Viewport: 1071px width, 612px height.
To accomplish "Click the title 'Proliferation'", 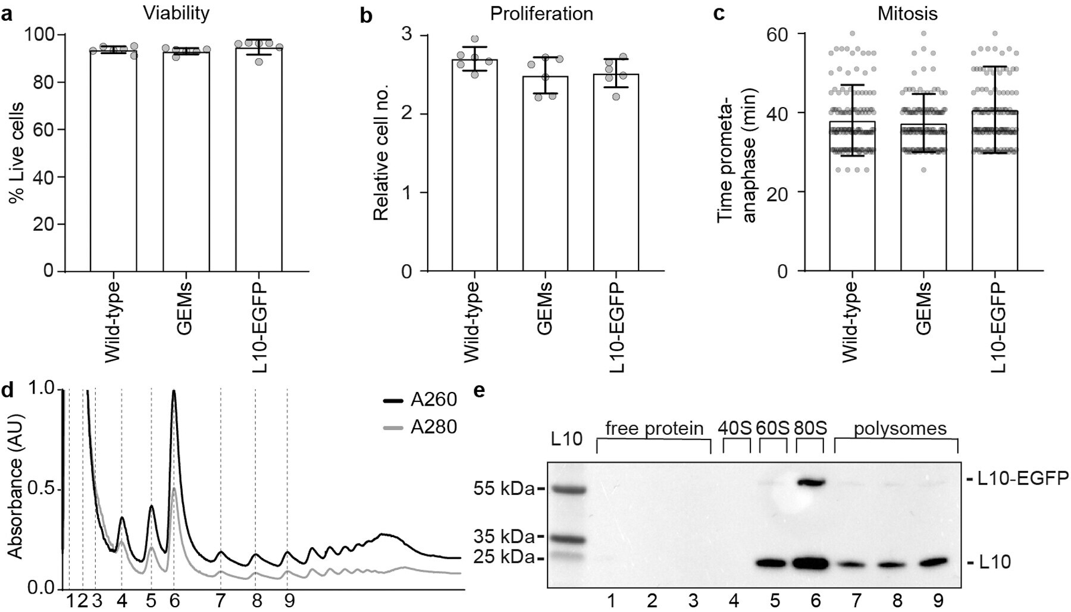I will click(x=541, y=14).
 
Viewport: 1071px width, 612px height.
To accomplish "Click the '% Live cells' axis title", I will click(x=17, y=152).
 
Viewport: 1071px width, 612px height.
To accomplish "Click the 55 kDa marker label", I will click(x=503, y=489).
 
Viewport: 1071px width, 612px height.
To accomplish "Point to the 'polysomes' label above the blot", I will click(x=899, y=428).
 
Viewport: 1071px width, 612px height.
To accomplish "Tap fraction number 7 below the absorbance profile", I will click(x=220, y=601).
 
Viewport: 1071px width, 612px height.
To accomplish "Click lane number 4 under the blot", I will click(x=734, y=601).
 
